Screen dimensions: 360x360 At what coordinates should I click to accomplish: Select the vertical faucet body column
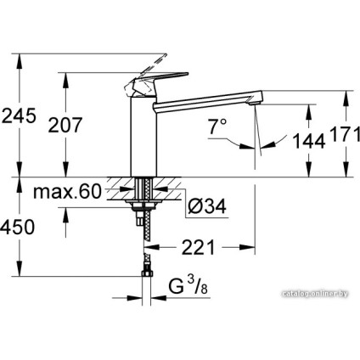point(143,136)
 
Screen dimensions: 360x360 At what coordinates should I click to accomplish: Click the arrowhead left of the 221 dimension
point(154,250)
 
